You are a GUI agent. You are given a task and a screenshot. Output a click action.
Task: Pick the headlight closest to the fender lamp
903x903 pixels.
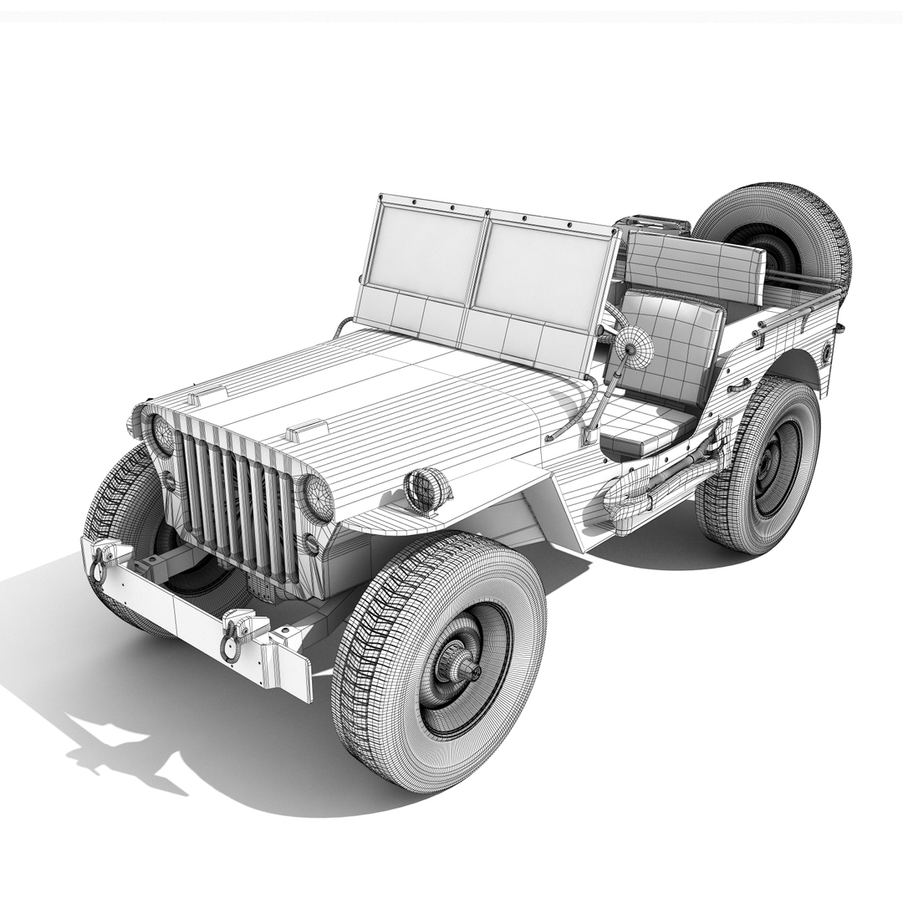318,498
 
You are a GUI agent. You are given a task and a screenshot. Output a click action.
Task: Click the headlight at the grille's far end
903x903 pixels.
162,434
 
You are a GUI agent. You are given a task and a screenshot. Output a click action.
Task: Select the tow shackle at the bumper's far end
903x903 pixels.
101,561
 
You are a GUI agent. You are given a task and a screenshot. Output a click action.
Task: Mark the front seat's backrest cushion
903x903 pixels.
674,346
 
